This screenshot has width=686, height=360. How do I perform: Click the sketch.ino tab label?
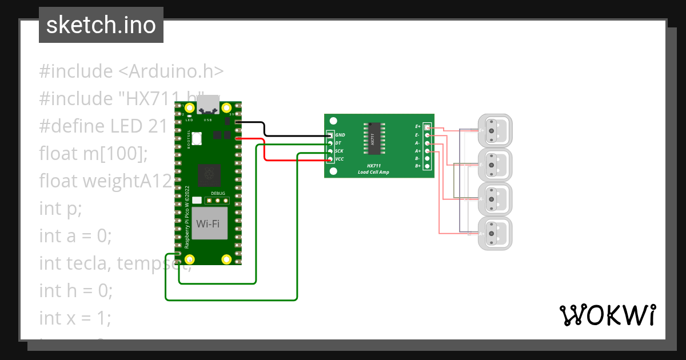(101, 25)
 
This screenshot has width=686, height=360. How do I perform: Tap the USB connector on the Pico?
(208, 104)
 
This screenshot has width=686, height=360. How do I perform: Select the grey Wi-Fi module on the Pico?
(208, 223)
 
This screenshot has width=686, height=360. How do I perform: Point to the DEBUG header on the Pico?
(218, 201)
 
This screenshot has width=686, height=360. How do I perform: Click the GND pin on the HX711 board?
(330, 135)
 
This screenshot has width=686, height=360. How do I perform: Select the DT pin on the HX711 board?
(330, 143)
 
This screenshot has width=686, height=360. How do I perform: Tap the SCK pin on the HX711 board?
(330, 151)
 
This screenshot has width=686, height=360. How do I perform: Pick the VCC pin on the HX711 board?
(330, 159)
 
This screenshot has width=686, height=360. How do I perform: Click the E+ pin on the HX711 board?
(427, 127)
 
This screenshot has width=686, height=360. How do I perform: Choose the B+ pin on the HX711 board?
(427, 166)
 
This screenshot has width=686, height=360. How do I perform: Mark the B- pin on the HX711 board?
(427, 158)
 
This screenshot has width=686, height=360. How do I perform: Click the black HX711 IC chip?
(372, 138)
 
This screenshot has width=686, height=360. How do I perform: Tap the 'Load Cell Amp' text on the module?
(373, 172)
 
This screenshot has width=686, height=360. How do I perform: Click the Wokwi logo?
(607, 315)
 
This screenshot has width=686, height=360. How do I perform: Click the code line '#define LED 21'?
(103, 126)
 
